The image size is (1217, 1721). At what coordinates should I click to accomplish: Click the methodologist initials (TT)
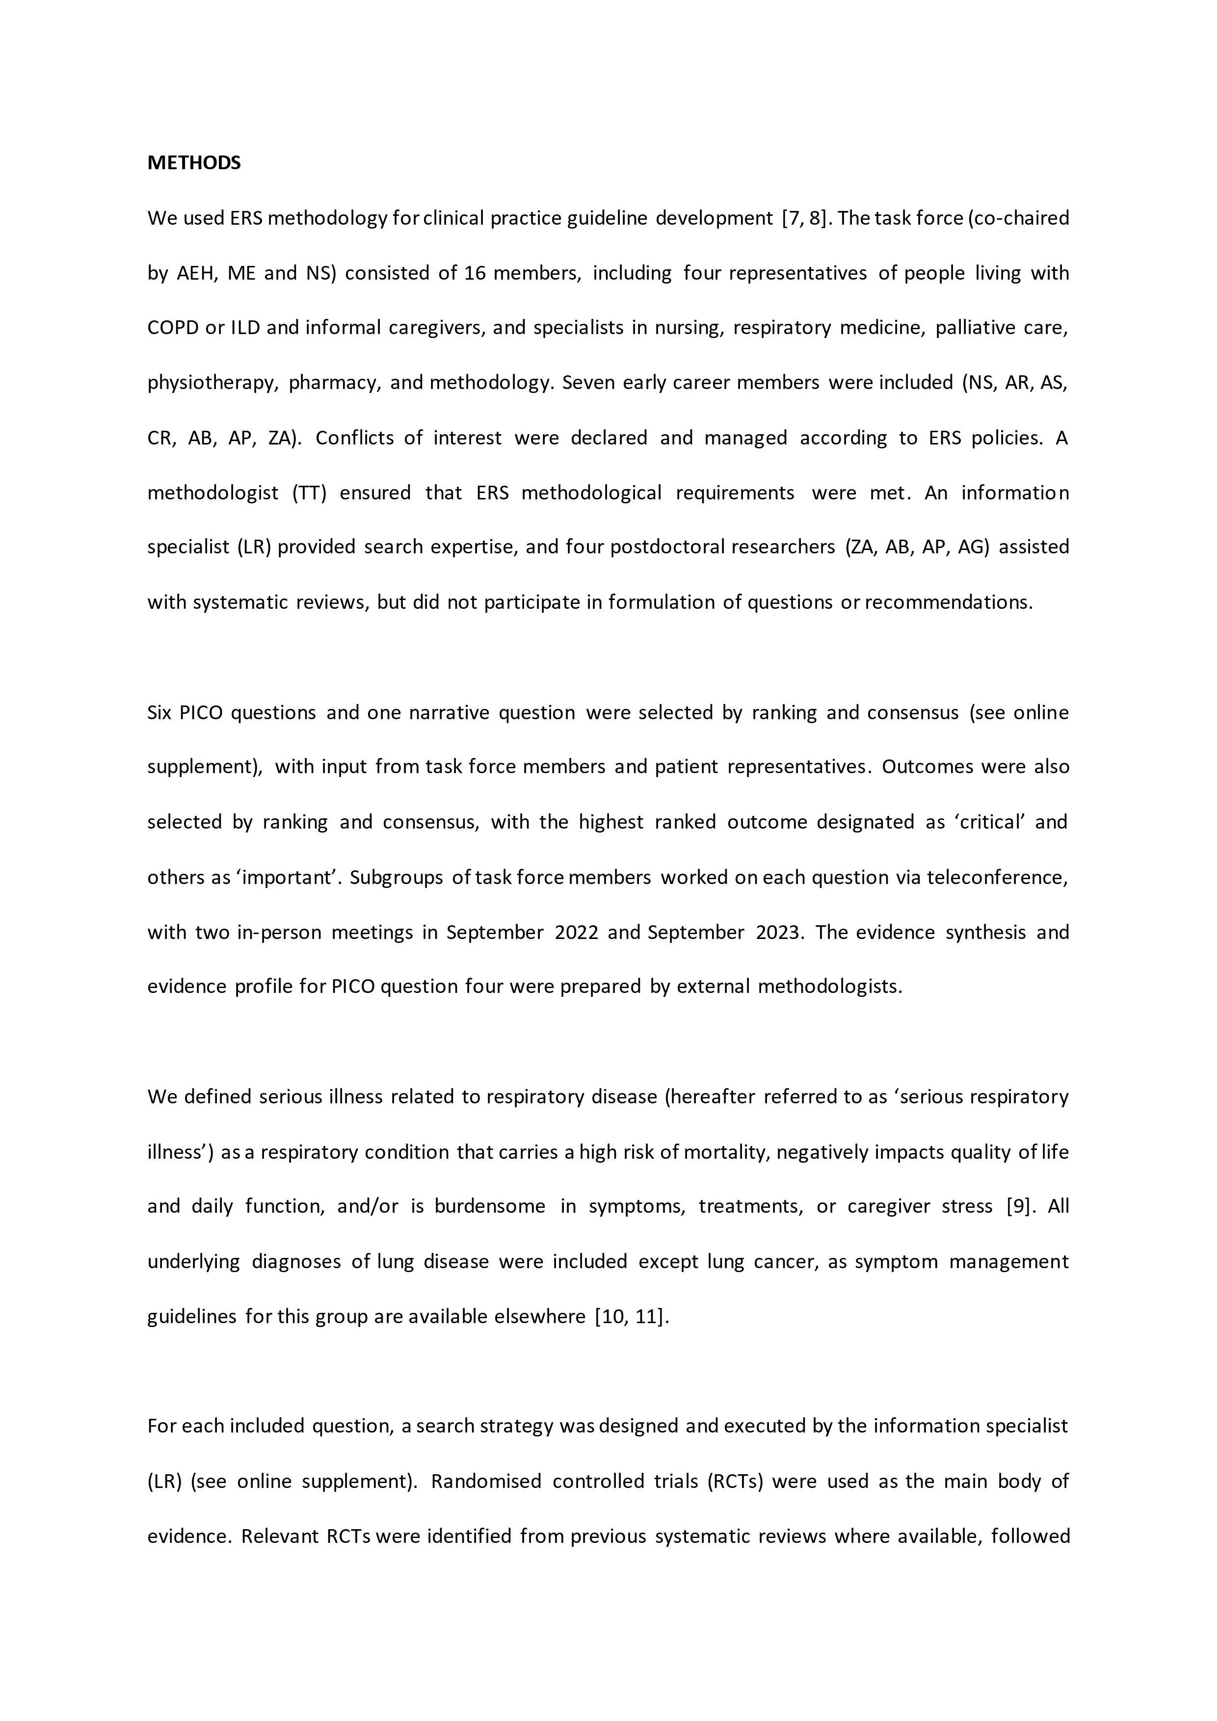(310, 493)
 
